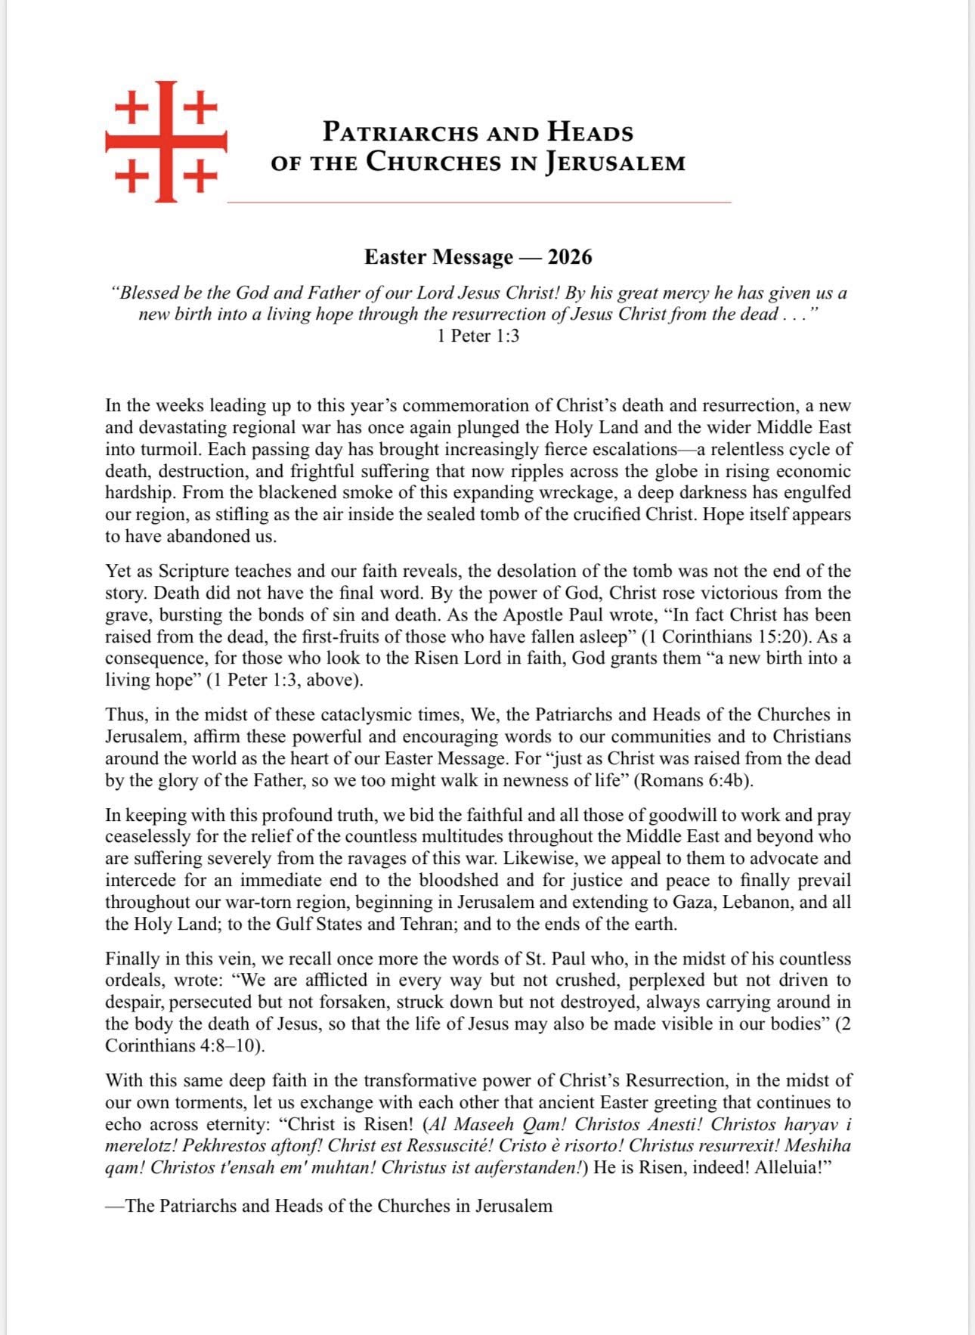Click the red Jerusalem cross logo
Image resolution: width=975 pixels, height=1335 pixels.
click(166, 141)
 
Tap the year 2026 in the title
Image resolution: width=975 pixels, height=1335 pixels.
click(570, 257)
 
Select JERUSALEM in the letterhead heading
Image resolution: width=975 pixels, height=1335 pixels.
click(615, 163)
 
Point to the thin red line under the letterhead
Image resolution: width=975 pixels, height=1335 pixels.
click(479, 203)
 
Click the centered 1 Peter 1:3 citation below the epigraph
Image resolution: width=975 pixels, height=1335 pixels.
click(478, 336)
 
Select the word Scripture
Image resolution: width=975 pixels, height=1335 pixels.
click(199, 571)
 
